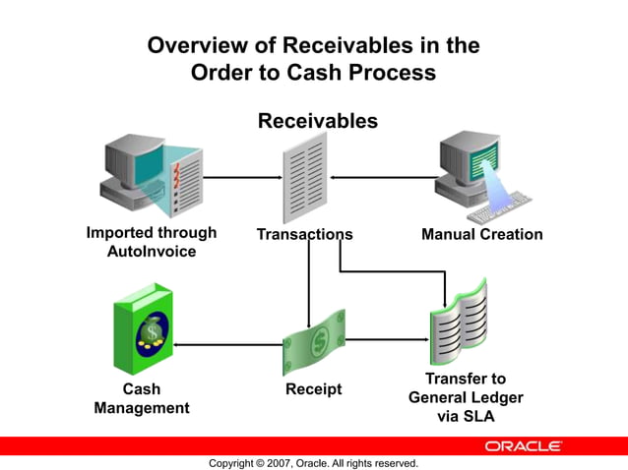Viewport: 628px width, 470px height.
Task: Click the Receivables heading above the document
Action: (x=317, y=121)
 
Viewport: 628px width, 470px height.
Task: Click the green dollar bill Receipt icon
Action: (x=314, y=342)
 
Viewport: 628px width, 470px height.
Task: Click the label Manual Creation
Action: (x=481, y=235)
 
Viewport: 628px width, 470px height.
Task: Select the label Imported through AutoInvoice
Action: (x=151, y=243)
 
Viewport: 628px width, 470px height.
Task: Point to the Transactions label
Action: (x=304, y=235)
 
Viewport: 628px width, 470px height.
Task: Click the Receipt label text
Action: (x=313, y=389)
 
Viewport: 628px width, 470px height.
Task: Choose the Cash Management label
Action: (x=141, y=398)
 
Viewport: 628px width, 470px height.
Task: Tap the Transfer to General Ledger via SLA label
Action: (x=466, y=397)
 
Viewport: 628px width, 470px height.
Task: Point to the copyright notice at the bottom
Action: (x=313, y=463)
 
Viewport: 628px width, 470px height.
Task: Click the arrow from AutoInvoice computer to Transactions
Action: (x=240, y=178)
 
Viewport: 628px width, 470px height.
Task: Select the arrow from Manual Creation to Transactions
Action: (x=384, y=178)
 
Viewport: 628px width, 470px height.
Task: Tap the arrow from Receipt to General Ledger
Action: (x=386, y=340)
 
